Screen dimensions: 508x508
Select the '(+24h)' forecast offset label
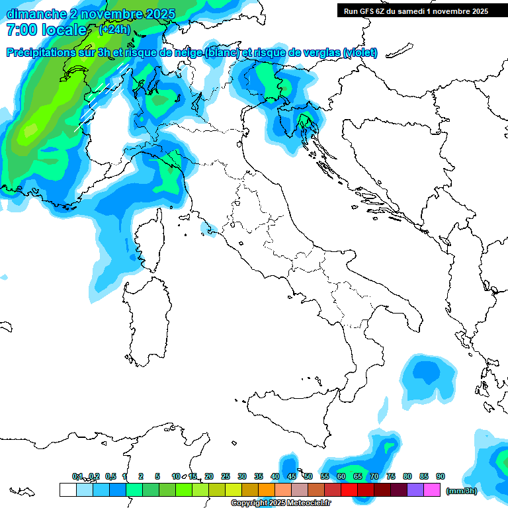(115, 30)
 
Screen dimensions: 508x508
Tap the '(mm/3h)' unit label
(462, 490)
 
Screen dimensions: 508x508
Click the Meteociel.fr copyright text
(281, 503)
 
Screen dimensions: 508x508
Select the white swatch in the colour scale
(67, 489)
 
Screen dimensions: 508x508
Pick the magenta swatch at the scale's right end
(432, 489)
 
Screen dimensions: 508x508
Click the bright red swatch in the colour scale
(349, 489)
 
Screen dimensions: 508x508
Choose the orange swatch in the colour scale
(266, 489)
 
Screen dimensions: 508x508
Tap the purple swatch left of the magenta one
(415, 489)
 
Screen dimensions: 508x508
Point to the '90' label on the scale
(441, 476)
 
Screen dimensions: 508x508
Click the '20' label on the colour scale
(209, 476)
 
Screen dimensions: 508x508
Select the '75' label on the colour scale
(391, 476)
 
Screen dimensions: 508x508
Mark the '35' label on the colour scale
(259, 476)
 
